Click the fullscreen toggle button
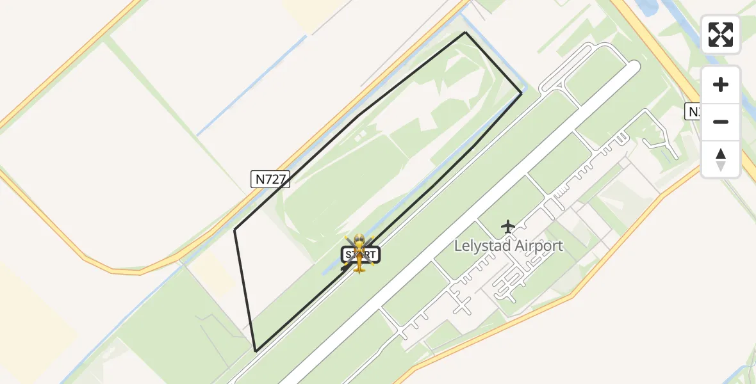(721, 35)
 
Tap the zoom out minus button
(721, 122)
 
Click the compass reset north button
(721, 159)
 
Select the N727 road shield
(270, 179)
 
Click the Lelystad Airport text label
(508, 246)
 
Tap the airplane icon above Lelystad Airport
(508, 227)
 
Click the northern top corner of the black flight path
(465, 32)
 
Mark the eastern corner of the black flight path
(521, 93)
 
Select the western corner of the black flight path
(235, 229)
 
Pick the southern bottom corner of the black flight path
(256, 351)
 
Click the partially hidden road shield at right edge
(694, 111)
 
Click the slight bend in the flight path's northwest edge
(357, 116)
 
